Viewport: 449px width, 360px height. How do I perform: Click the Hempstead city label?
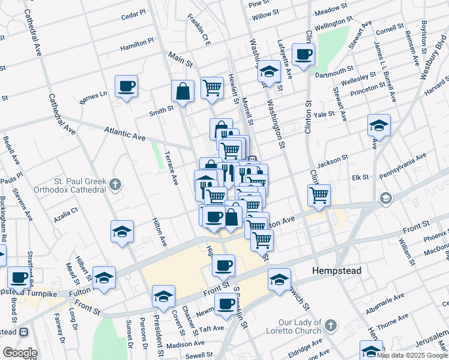tap(336, 271)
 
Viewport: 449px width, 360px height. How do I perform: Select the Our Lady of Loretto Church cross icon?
tap(330, 326)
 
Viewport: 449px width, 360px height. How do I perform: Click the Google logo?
tap(19, 353)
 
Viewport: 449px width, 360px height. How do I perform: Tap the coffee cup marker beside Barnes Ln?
tap(126, 86)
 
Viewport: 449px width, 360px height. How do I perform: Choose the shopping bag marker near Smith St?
tap(182, 92)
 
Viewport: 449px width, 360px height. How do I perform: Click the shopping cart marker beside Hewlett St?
tap(212, 88)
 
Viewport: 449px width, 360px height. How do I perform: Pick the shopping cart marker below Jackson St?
tap(319, 194)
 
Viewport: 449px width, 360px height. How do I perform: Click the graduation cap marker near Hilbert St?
tap(104, 278)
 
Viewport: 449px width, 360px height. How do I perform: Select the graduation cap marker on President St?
tap(163, 296)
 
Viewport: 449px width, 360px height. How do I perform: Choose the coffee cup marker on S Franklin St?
tap(226, 304)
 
